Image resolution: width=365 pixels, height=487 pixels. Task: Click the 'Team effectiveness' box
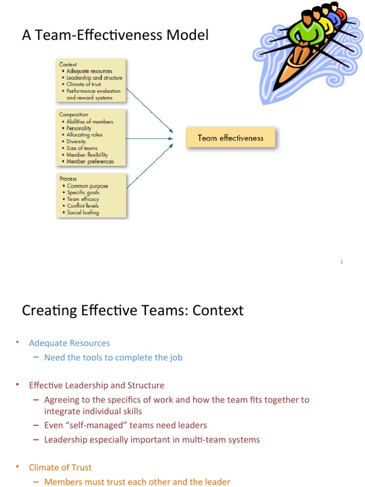click(x=231, y=138)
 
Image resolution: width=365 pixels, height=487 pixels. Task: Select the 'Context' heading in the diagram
click(x=68, y=64)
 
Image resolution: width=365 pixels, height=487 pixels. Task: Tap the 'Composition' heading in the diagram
click(x=74, y=115)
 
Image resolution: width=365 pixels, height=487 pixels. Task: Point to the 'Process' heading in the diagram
click(x=68, y=178)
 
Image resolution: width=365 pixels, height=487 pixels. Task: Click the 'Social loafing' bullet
click(x=83, y=213)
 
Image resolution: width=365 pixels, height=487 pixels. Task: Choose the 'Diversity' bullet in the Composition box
click(x=76, y=141)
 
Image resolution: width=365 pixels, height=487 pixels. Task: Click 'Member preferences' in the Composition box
click(x=90, y=161)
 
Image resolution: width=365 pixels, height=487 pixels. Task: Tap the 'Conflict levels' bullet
click(x=83, y=206)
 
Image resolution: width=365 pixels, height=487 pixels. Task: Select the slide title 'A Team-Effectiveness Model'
click(x=115, y=35)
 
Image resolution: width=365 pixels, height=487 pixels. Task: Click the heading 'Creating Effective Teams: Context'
click(x=133, y=311)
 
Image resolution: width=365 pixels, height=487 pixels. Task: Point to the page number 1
click(x=342, y=262)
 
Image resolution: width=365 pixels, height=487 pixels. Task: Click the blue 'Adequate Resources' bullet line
click(x=69, y=343)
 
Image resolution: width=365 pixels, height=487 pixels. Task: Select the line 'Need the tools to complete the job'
click(x=113, y=358)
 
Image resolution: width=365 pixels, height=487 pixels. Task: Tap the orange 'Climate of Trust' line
click(x=60, y=468)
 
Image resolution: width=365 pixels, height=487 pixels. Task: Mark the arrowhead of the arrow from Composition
click(x=171, y=138)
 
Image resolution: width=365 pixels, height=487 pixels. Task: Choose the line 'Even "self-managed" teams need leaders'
click(x=125, y=425)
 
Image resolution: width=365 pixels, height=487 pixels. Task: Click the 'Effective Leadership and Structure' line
click(x=96, y=385)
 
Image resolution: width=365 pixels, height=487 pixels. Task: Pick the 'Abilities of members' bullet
click(x=89, y=122)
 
